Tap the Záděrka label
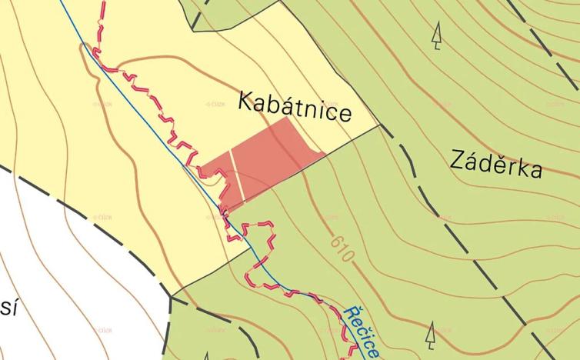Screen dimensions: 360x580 tap(496, 164)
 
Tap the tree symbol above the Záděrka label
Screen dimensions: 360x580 tap(437, 35)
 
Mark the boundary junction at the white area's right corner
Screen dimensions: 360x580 tap(171, 295)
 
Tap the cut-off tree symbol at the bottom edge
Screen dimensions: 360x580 tap(205, 356)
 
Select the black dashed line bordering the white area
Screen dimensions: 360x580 tap(92, 212)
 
